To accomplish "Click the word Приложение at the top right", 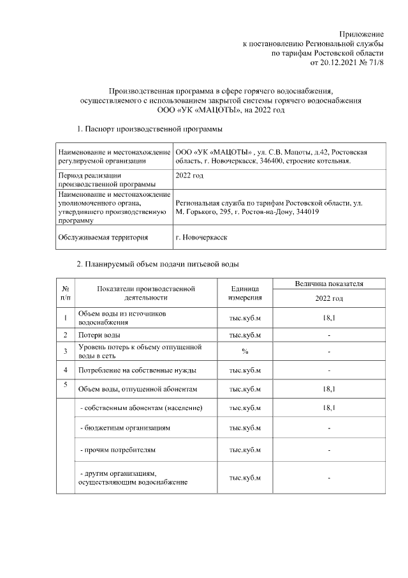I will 361,33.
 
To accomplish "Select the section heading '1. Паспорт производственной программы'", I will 149,129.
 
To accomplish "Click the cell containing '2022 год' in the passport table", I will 189,174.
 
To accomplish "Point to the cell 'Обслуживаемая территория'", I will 103,237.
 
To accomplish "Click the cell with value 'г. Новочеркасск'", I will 202,237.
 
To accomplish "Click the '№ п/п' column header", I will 66,293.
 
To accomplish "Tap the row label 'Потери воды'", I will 99,335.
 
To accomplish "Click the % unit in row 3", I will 245,351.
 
